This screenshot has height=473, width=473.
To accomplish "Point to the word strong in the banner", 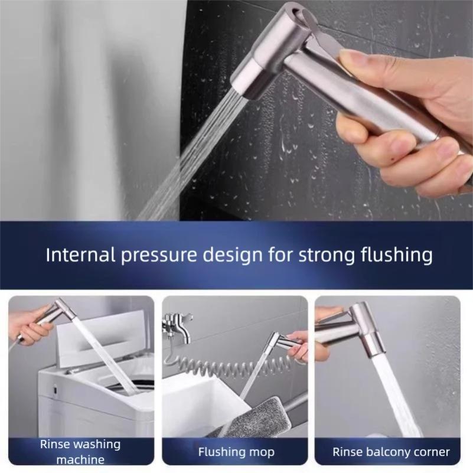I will (x=327, y=255).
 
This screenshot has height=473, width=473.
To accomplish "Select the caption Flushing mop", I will (x=236, y=452).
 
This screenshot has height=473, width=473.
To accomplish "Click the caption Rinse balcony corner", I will (x=391, y=452).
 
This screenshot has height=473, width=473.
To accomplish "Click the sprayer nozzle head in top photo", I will (x=251, y=74).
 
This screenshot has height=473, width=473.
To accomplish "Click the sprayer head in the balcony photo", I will (x=357, y=331).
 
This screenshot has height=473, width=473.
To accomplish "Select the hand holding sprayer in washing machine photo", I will (x=30, y=325).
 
